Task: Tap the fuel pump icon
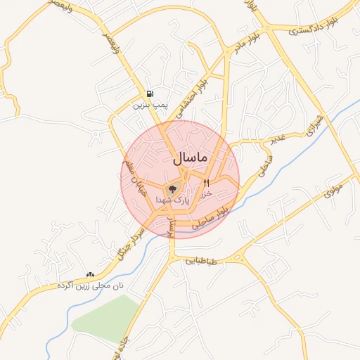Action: point(150,94)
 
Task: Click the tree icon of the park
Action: point(172,189)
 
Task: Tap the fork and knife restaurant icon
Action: point(206,183)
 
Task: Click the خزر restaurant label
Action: point(206,193)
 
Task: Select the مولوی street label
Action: point(330,189)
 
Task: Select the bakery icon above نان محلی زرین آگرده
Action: point(89,275)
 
